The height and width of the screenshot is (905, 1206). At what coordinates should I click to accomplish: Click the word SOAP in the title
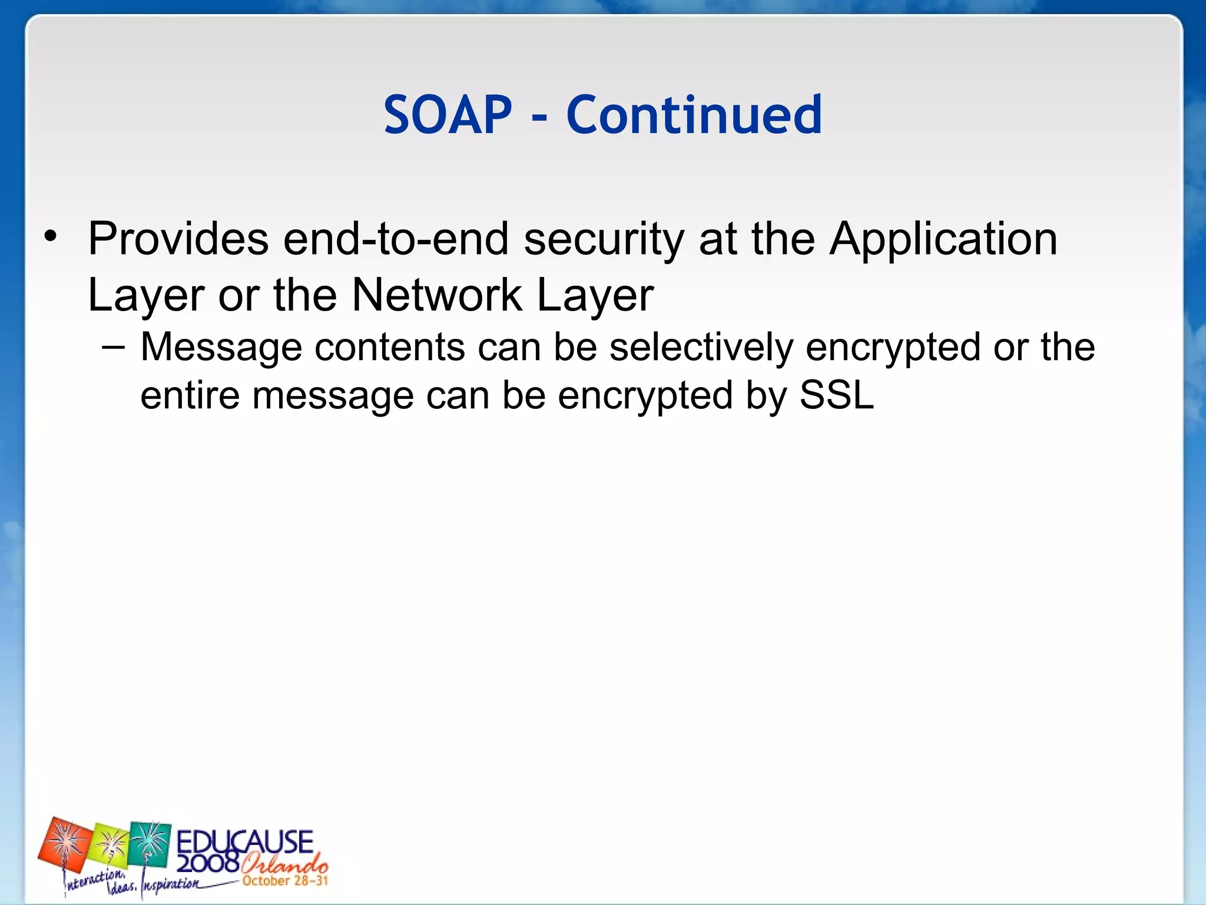pos(448,115)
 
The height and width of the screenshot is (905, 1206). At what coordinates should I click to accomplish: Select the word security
pos(604,240)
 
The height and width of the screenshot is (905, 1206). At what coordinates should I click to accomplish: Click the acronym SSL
pos(836,395)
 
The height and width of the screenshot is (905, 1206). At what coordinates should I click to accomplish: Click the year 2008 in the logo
pos(207,864)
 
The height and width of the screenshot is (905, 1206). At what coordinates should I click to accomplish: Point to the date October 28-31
pos(285,881)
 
